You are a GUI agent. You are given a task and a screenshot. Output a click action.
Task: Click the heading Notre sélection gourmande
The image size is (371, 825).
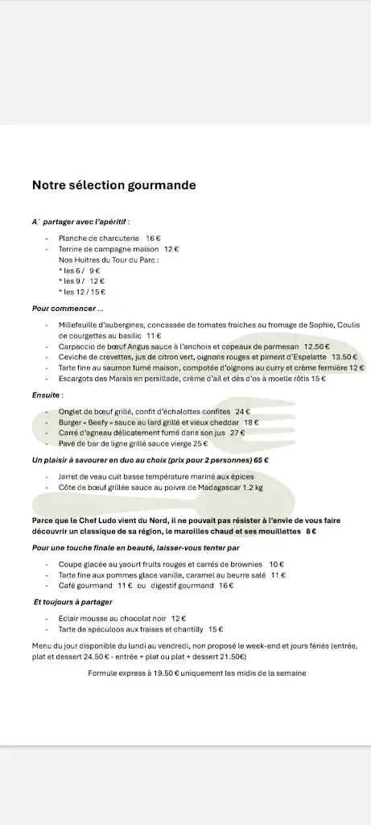tap(113, 185)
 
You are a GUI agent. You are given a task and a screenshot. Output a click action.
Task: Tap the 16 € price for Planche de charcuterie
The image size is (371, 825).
tap(154, 238)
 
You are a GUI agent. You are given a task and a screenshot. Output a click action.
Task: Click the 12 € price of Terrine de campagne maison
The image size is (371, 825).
tap(171, 250)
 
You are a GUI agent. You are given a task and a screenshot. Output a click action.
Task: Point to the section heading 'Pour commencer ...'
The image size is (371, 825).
tap(68, 308)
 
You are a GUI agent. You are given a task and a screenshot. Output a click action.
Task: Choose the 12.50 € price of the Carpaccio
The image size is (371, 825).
tap(316, 346)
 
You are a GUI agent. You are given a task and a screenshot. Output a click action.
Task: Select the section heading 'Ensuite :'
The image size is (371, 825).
tap(47, 396)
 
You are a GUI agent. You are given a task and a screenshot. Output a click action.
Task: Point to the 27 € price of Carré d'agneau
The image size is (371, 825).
tap(237, 433)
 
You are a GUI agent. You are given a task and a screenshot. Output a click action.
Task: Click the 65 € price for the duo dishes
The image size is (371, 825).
tap(261, 460)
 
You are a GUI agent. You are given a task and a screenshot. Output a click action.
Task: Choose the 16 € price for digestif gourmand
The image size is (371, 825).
tap(226, 586)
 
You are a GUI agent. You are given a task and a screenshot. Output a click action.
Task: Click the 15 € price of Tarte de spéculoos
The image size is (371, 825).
tap(216, 628)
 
